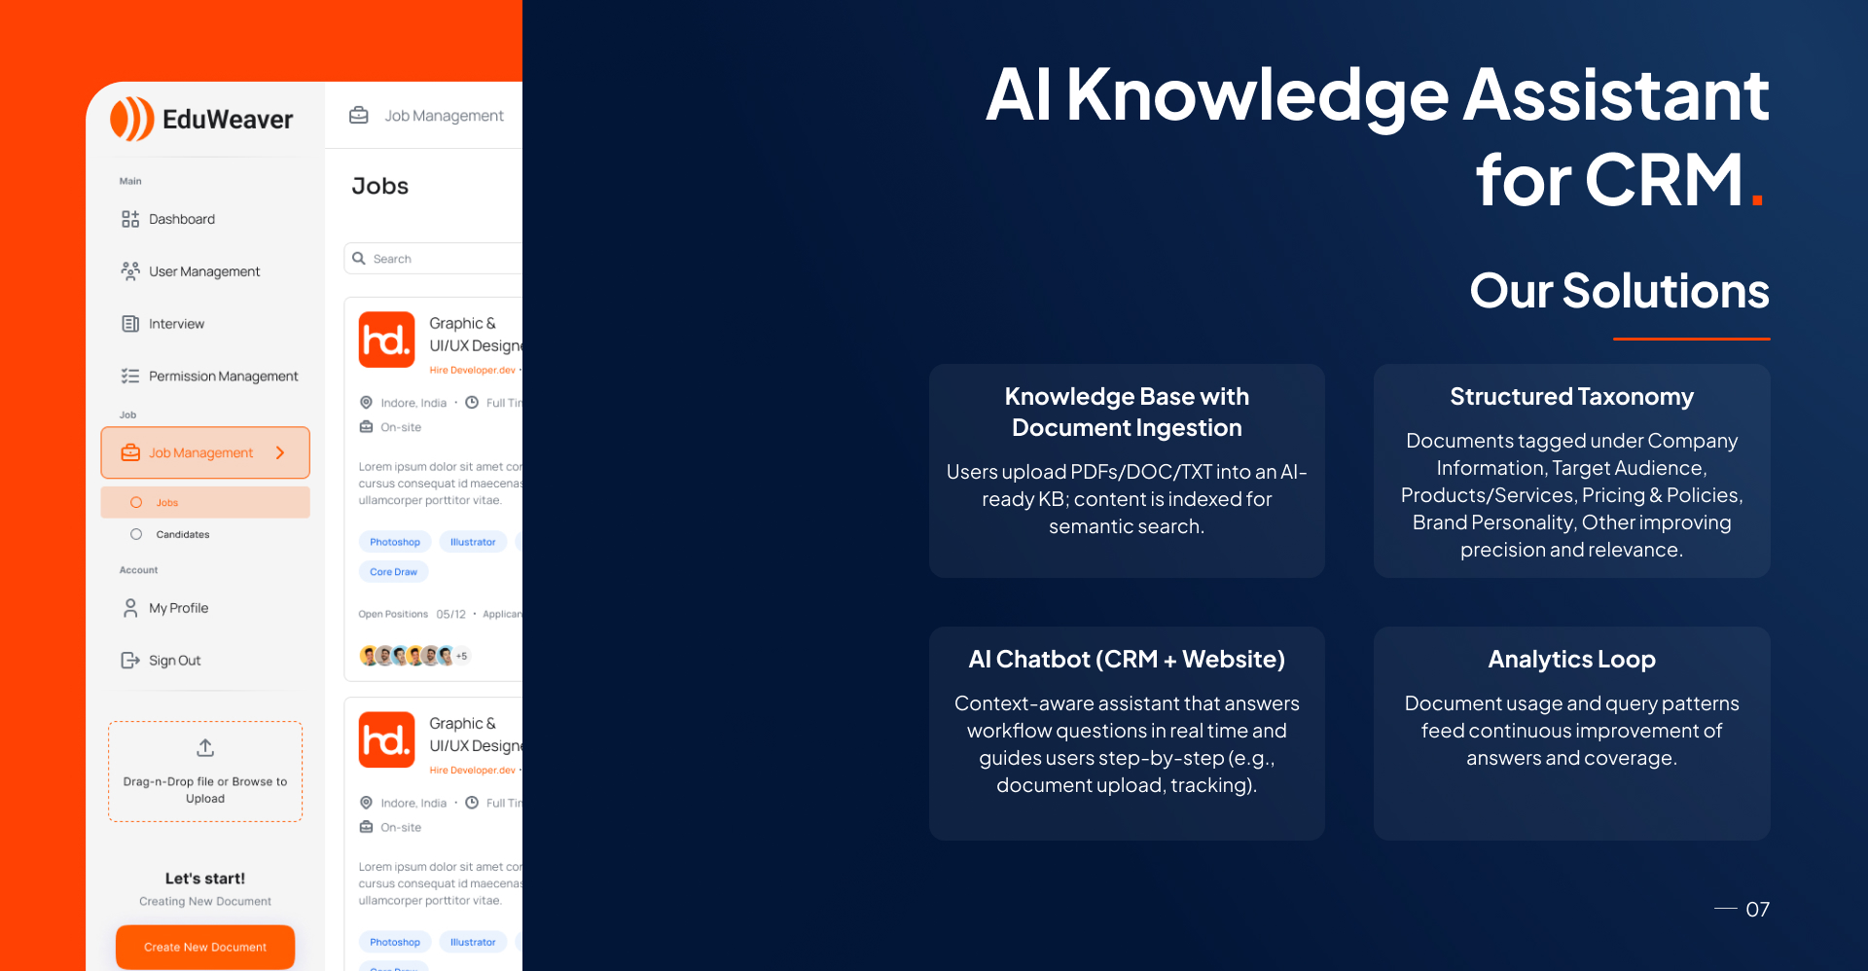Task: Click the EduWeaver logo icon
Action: click(x=132, y=119)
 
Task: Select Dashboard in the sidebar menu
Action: click(x=181, y=219)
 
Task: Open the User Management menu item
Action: click(x=203, y=271)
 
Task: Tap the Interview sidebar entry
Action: click(x=176, y=324)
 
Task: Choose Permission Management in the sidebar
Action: click(x=223, y=377)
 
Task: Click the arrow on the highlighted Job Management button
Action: click(x=280, y=453)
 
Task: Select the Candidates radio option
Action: click(x=136, y=534)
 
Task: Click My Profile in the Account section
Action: click(x=178, y=608)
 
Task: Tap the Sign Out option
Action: click(x=174, y=661)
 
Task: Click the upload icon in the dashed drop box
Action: click(x=205, y=748)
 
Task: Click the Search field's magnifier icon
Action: click(x=359, y=259)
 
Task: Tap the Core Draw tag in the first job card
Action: click(x=393, y=572)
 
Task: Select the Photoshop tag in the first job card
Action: click(x=394, y=542)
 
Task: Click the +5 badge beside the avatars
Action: click(x=462, y=656)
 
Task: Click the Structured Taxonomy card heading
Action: click(x=1571, y=397)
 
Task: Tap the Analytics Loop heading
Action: click(x=1571, y=660)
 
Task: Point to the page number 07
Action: click(x=1757, y=910)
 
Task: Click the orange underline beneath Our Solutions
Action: click(x=1691, y=339)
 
